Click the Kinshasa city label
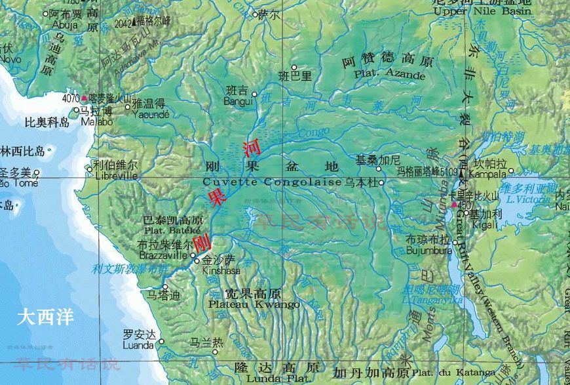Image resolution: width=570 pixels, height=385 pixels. click(x=221, y=270)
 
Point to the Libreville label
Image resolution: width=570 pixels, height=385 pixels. click(x=116, y=176)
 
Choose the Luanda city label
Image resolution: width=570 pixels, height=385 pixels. click(x=139, y=346)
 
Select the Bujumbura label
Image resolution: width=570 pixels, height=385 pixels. click(x=429, y=251)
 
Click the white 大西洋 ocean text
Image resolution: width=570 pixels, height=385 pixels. click(x=46, y=317)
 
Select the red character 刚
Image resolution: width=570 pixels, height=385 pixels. click(x=202, y=243)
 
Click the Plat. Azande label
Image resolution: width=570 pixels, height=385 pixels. click(x=390, y=75)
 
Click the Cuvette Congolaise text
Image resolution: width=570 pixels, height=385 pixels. click(x=273, y=182)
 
